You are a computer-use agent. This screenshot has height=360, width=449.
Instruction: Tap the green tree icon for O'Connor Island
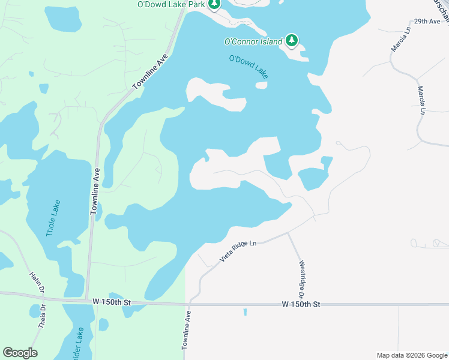(x=292, y=40)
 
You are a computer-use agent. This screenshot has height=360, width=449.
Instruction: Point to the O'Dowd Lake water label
(x=249, y=67)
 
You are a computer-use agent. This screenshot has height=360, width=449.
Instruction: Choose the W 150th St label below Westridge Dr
(x=301, y=305)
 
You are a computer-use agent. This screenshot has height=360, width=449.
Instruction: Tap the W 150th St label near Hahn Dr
(x=108, y=301)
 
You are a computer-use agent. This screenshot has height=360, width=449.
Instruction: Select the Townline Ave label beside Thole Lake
(x=94, y=191)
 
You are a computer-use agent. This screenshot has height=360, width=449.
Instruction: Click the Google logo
(x=20, y=353)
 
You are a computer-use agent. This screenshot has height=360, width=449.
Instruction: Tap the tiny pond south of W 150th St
(x=245, y=312)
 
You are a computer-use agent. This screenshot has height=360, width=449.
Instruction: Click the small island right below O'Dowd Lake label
(x=261, y=85)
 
